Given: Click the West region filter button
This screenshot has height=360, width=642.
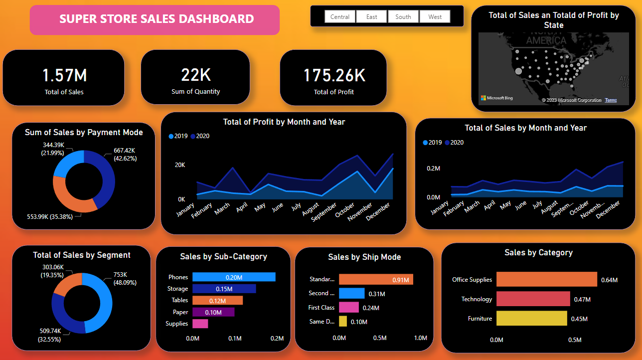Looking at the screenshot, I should [x=435, y=17].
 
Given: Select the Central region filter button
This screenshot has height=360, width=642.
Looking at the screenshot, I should [x=340, y=17].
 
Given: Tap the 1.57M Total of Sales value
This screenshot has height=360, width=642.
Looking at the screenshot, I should [x=64, y=75].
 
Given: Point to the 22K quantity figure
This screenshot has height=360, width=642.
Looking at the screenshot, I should [x=196, y=75].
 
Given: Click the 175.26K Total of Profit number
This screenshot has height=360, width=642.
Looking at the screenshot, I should [x=334, y=75].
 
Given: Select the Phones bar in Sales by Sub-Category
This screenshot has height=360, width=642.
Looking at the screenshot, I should [x=234, y=277].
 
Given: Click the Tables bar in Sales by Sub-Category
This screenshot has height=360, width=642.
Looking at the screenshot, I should [x=217, y=300].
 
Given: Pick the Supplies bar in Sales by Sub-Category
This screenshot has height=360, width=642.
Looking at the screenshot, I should [x=200, y=324].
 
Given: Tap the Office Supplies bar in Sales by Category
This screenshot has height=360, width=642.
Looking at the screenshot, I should [x=546, y=279].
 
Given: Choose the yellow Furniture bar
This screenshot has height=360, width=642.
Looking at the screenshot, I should [x=531, y=318].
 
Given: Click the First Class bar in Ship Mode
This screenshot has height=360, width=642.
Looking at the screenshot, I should [x=348, y=308].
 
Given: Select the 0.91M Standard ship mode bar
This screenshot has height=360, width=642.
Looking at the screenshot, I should [x=376, y=280].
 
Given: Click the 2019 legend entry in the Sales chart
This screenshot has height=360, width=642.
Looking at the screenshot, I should [x=432, y=143].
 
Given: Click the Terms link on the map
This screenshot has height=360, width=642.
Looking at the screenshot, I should [x=611, y=100].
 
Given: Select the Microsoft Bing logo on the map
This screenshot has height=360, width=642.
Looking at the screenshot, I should [x=496, y=98].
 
